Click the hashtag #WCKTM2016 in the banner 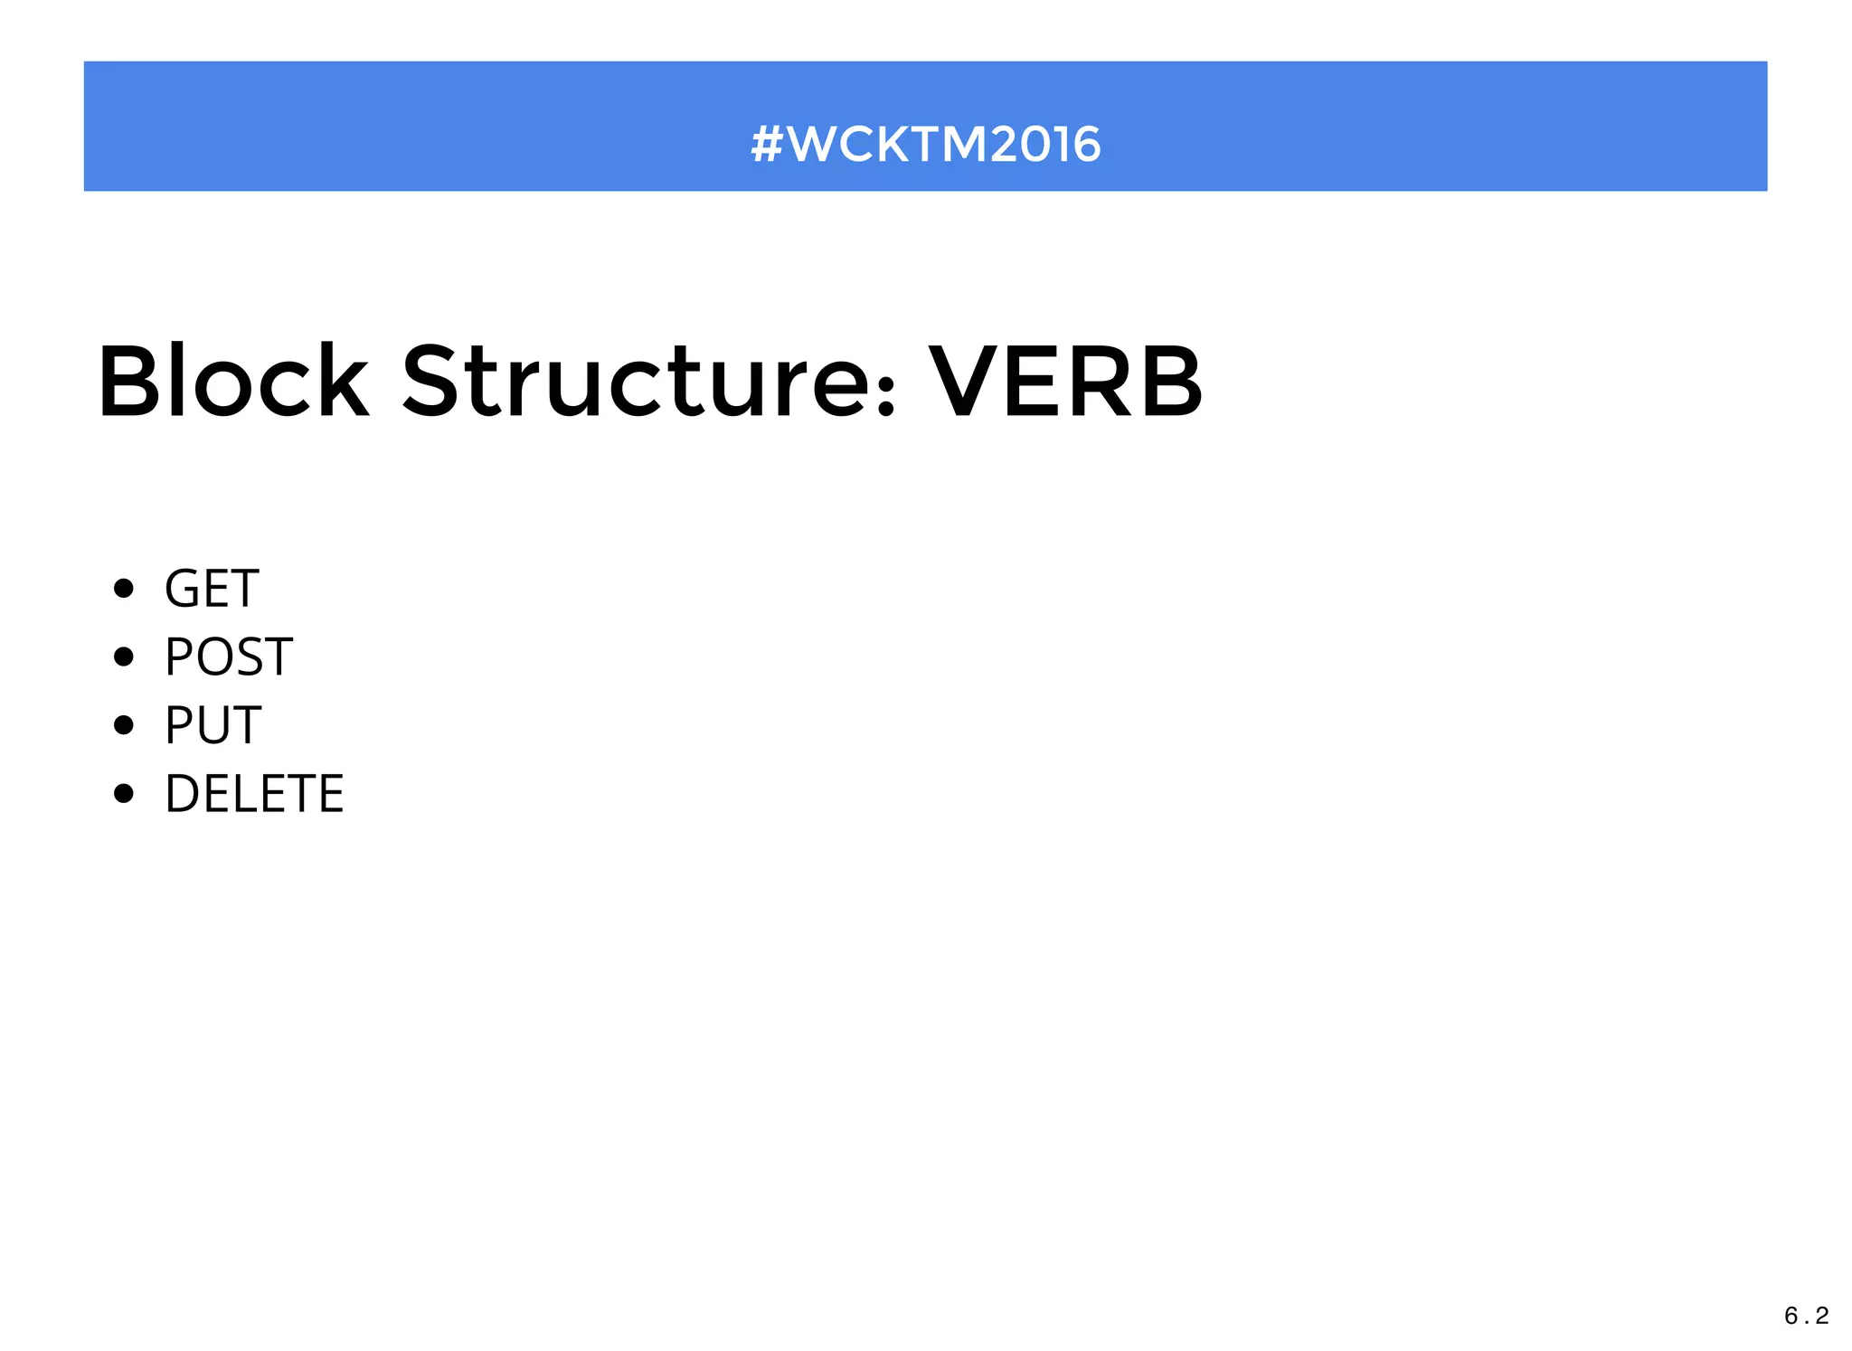pyautogui.click(x=925, y=145)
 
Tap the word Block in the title pyautogui.click(x=233, y=383)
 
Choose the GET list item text pyautogui.click(x=212, y=589)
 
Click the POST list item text pyautogui.click(x=228, y=657)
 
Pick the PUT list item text pyautogui.click(x=213, y=725)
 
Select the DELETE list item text pyautogui.click(x=254, y=794)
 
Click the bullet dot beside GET pyautogui.click(x=124, y=589)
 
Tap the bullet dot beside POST pyautogui.click(x=124, y=657)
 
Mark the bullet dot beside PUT pyautogui.click(x=124, y=725)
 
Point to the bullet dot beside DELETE pyautogui.click(x=124, y=794)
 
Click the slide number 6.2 pyautogui.click(x=1806, y=1316)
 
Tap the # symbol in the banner pyautogui.click(x=767, y=145)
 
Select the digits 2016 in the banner pyautogui.click(x=1045, y=145)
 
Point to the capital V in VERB pyautogui.click(x=966, y=383)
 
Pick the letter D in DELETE pyautogui.click(x=184, y=794)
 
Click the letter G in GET pyautogui.click(x=184, y=589)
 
